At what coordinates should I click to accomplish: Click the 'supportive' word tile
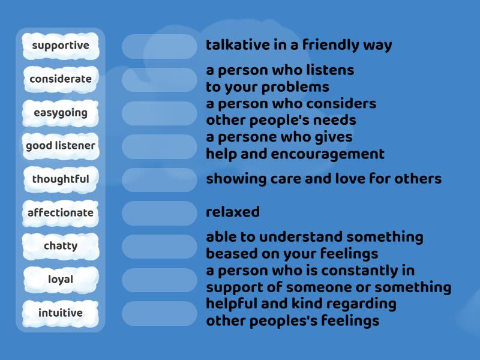pyautogui.click(x=61, y=46)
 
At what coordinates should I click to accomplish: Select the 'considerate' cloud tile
pyautogui.click(x=61, y=79)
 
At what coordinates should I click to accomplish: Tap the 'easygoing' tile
pyautogui.click(x=61, y=113)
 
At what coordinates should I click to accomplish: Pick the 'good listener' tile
pyautogui.click(x=61, y=146)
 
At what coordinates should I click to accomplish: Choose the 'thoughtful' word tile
pyautogui.click(x=61, y=179)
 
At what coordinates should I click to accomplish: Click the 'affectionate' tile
pyautogui.click(x=61, y=213)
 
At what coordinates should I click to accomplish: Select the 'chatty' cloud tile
pyautogui.click(x=61, y=246)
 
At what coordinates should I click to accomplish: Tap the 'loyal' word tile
pyautogui.click(x=61, y=280)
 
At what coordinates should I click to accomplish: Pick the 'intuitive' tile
pyautogui.click(x=61, y=313)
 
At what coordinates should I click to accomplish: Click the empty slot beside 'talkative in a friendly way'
pyautogui.click(x=160, y=46)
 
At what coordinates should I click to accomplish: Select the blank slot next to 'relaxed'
pyautogui.click(x=160, y=213)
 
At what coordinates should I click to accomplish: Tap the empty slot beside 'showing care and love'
pyautogui.click(x=160, y=179)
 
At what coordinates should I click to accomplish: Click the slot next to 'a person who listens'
pyautogui.click(x=160, y=79)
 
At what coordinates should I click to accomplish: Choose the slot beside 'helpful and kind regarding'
pyautogui.click(x=160, y=313)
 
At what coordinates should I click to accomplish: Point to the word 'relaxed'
pyautogui.click(x=233, y=212)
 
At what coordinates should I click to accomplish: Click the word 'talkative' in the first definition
pyautogui.click(x=235, y=45)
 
